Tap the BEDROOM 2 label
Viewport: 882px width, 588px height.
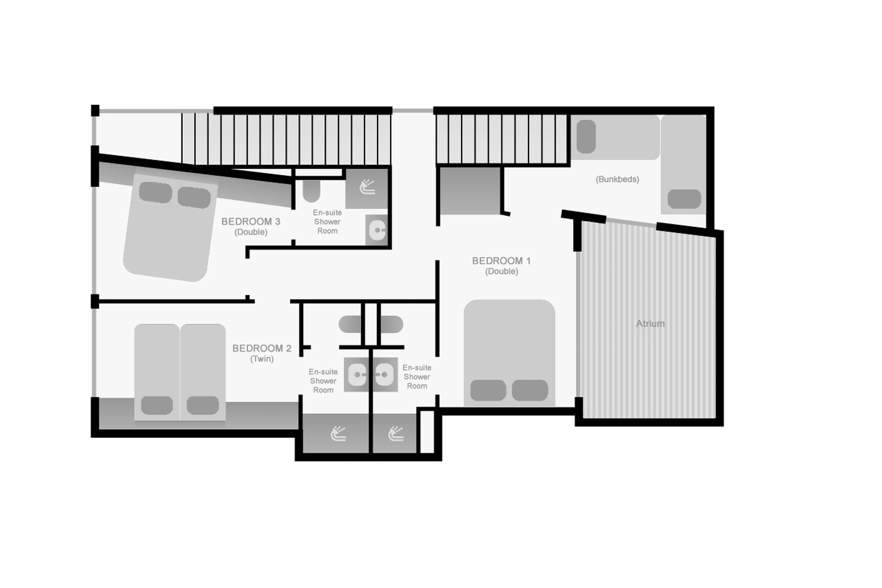pyautogui.click(x=262, y=348)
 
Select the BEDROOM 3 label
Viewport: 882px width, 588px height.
pyautogui.click(x=250, y=222)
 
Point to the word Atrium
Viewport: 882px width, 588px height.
pyautogui.click(x=650, y=324)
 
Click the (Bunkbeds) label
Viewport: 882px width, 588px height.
pyautogui.click(x=617, y=179)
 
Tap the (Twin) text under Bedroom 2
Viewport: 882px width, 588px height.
pyautogui.click(x=262, y=359)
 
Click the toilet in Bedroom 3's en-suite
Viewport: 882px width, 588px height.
pyautogui.click(x=311, y=191)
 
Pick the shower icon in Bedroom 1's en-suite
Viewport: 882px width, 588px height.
pyautogui.click(x=396, y=434)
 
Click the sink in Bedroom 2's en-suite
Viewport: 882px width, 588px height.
pyautogui.click(x=357, y=374)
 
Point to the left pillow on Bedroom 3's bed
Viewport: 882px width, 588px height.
pyautogui.click(x=155, y=192)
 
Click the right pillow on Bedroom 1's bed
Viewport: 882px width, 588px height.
pyautogui.click(x=530, y=390)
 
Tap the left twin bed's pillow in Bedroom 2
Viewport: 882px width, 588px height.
pyautogui.click(x=157, y=405)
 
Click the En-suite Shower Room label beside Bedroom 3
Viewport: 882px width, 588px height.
pyautogui.click(x=327, y=222)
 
